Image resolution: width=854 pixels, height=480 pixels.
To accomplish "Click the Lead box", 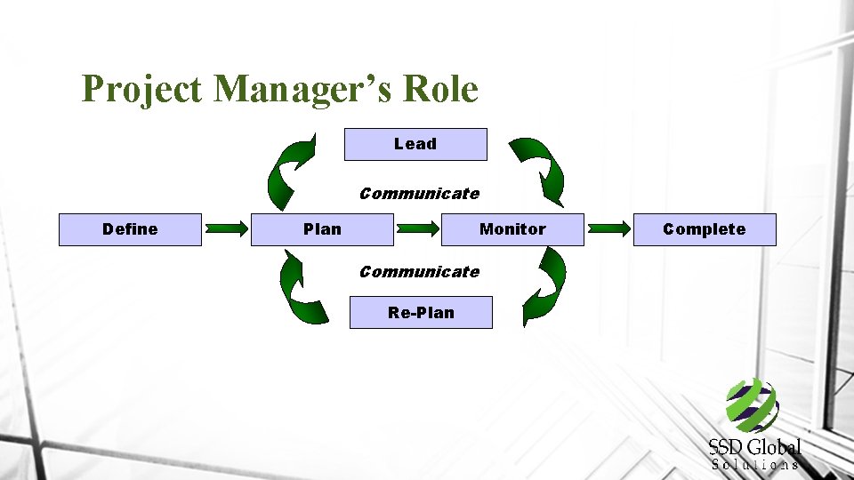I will pos(415,144).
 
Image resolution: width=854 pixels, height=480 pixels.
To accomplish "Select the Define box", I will pos(130,229).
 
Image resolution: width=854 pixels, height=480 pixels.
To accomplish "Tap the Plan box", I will pos(322,229).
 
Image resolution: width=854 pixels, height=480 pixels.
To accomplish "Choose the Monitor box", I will pos(512,229).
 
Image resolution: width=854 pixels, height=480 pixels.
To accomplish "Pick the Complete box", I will pos(704,229).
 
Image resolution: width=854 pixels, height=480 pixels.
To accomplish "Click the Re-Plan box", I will pos(421,313).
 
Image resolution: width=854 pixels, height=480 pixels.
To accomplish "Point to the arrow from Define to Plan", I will pos(227,229).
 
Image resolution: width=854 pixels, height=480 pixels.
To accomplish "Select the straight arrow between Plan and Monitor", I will pos(417,229).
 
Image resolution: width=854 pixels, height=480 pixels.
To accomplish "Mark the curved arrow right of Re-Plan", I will pos(544,284).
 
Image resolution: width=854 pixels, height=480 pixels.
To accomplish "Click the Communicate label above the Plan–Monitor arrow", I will pos(419,194).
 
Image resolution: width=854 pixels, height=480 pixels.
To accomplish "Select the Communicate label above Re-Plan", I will pos(419,272).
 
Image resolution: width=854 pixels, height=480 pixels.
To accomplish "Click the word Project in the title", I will pos(141,89).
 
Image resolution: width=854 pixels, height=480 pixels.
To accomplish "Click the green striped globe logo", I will pos(753,404).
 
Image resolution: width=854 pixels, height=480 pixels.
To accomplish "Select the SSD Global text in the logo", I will pos(754,447).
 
